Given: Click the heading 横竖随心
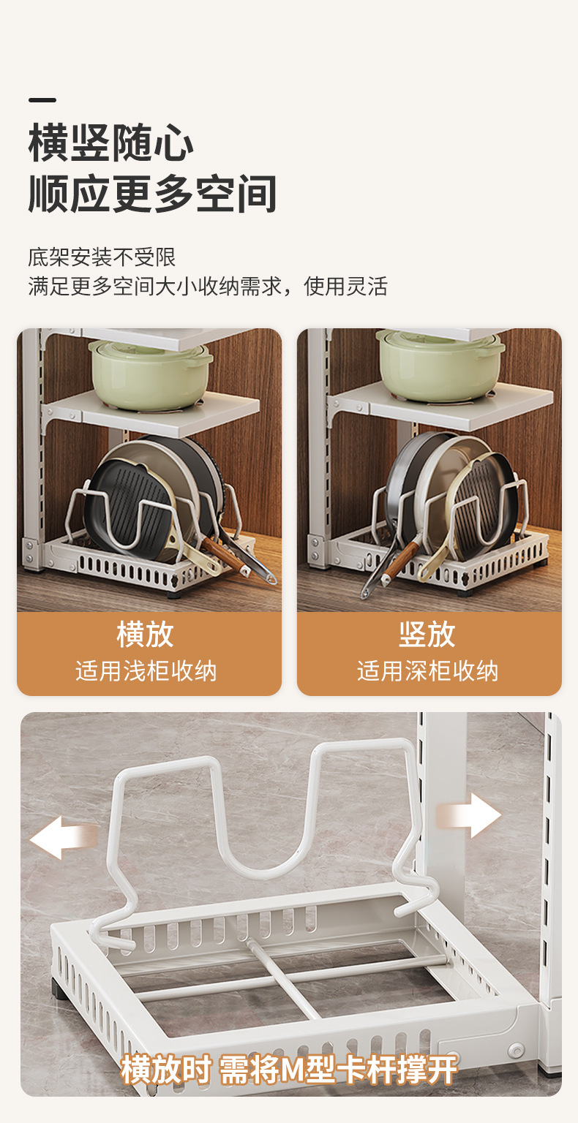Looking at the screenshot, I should point(111,143).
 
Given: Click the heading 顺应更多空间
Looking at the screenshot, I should point(153,194).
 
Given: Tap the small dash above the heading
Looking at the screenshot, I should point(42,100).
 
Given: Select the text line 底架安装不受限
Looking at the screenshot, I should point(102,257).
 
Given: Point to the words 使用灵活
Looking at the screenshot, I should point(345,286).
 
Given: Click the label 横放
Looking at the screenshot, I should point(145,634).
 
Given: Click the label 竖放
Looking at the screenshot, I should point(427,634).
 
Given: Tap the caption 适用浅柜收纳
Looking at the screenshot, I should point(146,670).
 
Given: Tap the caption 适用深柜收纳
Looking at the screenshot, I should point(427,670).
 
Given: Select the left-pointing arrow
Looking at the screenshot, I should point(61,837).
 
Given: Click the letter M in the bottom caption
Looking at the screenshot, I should point(290,1070).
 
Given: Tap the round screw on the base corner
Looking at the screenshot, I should point(517,1051).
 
